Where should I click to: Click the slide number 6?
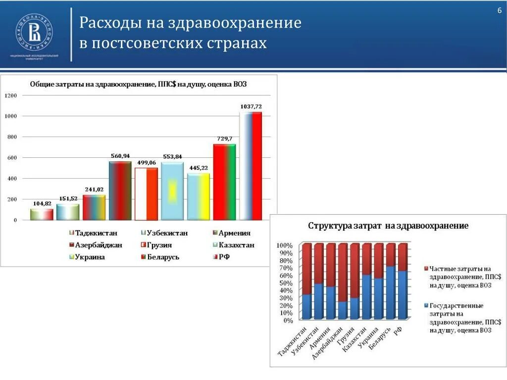499,11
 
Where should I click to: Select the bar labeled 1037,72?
251,166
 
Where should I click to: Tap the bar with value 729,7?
224,182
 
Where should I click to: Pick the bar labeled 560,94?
120,190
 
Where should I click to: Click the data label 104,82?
42,203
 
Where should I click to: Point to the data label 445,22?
198,168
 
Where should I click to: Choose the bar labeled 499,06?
146,193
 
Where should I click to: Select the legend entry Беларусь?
162,257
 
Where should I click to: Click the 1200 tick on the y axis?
11,95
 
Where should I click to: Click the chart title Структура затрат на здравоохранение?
388,226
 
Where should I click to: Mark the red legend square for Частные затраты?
426,268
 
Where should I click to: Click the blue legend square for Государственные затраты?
426,306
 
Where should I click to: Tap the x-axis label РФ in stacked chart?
398,332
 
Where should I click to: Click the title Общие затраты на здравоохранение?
138,85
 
